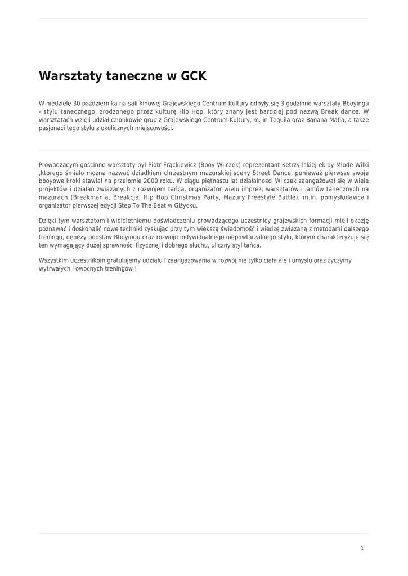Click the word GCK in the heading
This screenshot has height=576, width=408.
coord(194,76)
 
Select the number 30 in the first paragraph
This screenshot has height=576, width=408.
coord(77,103)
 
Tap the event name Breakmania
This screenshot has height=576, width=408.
coord(90,197)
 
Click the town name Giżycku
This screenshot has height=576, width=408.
coord(185,205)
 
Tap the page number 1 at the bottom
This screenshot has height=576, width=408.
coord(362,548)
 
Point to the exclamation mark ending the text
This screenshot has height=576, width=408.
coord(136,269)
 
